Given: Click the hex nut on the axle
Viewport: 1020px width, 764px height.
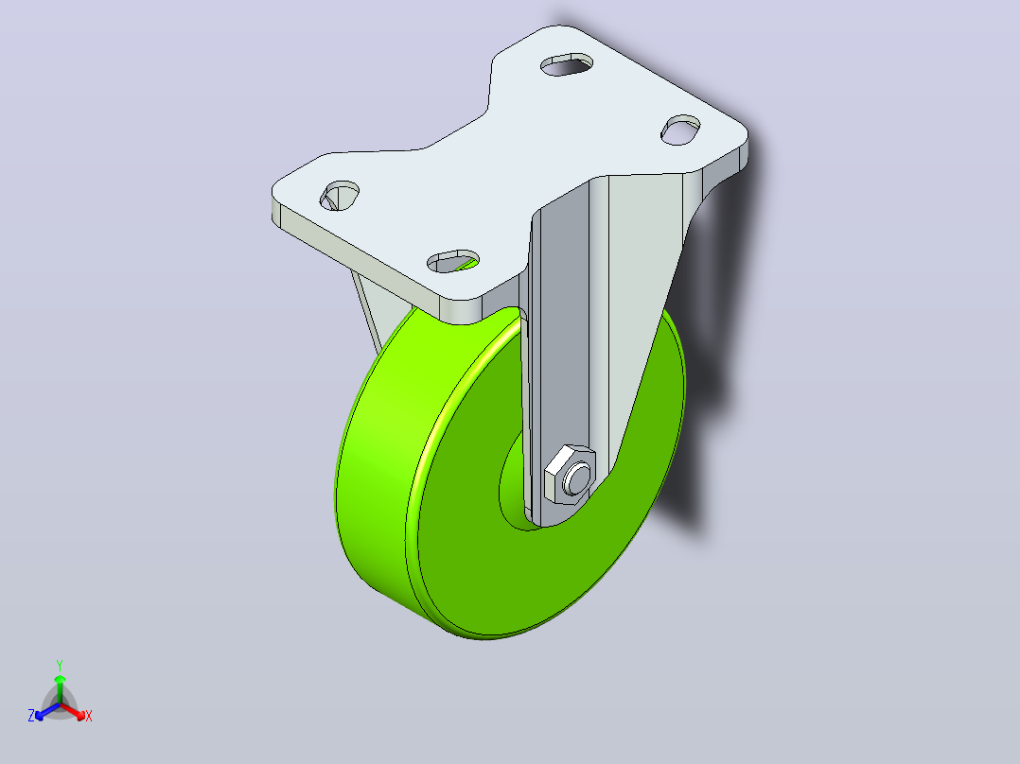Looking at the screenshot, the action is tap(570, 475).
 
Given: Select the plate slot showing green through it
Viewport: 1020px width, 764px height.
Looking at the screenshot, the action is tap(453, 261).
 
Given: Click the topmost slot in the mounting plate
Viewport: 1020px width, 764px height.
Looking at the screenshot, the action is tap(568, 64).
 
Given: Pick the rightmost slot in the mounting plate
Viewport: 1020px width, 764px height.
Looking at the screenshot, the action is tap(680, 130).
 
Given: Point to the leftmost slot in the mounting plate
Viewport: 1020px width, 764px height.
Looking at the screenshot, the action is tap(340, 195).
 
